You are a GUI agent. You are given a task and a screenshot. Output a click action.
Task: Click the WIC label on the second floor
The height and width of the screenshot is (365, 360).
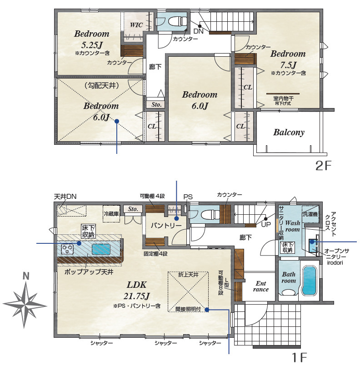point(136,25)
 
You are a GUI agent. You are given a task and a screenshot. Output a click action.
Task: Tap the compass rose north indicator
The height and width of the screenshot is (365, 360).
point(25,276)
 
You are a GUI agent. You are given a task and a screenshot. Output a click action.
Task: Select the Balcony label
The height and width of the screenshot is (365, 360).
point(289,133)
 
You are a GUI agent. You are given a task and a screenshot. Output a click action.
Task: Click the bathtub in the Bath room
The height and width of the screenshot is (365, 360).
point(309,281)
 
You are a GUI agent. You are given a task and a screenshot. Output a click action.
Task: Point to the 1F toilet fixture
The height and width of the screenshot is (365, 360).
point(207,214)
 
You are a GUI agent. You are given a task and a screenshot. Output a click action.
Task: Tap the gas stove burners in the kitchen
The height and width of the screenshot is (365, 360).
point(68,249)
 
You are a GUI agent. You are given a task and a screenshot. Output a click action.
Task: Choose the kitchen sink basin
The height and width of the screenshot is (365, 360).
point(101,249)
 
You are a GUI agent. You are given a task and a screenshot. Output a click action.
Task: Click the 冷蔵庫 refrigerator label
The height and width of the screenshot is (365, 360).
point(111,213)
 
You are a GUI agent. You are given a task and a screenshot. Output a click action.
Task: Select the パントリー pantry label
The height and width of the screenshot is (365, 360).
point(166,225)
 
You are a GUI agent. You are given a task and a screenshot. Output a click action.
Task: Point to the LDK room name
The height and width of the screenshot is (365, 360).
point(136,285)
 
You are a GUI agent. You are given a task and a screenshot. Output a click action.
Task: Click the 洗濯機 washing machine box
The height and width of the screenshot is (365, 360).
point(310,214)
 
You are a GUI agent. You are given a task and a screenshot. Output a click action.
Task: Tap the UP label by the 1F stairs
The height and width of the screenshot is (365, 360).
point(266,225)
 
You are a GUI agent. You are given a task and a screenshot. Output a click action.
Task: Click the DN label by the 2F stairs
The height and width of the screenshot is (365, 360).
point(199,31)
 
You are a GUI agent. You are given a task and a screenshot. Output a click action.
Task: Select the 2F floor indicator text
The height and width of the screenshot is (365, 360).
point(323,166)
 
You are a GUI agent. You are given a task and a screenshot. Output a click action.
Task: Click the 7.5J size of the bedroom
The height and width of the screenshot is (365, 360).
point(288,64)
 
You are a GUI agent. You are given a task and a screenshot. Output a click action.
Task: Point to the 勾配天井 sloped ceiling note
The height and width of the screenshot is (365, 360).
point(102,86)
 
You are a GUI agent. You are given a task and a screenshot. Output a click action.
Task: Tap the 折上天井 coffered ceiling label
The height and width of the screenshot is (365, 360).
point(188,275)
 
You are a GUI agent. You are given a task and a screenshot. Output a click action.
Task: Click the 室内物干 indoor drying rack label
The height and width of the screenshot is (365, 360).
point(283,99)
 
